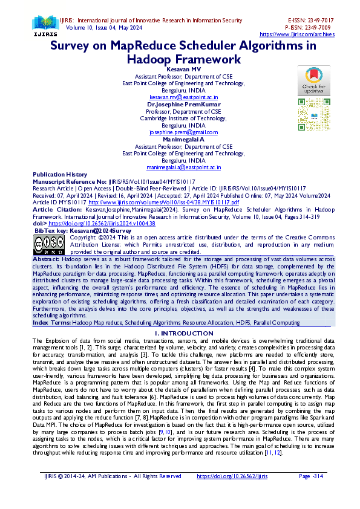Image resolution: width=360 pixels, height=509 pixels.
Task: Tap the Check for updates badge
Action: point(313,80)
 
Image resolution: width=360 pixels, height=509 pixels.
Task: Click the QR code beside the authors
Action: point(313,111)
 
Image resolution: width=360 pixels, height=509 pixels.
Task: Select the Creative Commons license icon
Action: point(48,244)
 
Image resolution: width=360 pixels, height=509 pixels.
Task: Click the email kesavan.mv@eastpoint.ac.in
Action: point(183,97)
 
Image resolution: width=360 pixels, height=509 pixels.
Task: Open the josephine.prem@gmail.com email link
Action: point(183,132)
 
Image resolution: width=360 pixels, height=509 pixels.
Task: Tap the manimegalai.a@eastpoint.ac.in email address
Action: point(183,167)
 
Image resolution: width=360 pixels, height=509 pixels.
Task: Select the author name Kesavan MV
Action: point(183,70)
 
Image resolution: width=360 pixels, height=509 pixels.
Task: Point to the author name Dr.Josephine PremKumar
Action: point(183,105)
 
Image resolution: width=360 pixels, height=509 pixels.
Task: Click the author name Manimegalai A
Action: point(183,139)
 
